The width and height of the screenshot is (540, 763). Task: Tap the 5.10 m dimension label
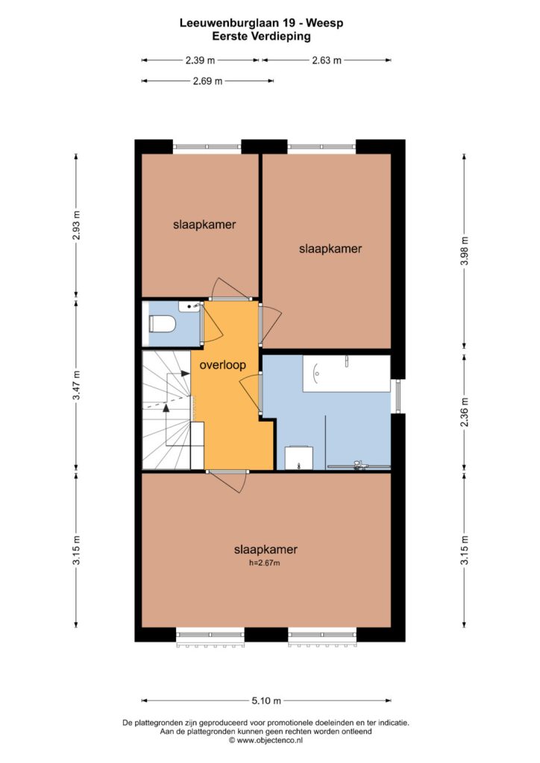click(266, 700)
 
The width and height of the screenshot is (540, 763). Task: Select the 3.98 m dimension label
click(465, 250)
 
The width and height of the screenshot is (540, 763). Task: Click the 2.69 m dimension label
click(207, 80)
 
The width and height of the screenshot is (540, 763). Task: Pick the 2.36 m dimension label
click(465, 412)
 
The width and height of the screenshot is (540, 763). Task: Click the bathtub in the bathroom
click(346, 373)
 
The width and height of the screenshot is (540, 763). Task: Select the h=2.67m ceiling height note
click(264, 563)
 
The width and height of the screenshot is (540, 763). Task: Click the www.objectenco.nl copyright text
click(266, 740)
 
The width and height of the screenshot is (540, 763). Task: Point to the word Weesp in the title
click(327, 23)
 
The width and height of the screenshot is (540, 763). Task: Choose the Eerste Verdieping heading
click(262, 36)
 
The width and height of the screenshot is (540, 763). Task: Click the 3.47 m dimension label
click(77, 385)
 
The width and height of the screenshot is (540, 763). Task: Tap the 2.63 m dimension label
click(327, 60)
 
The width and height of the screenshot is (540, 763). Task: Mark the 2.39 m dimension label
click(200, 60)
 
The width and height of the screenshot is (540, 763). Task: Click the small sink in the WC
click(189, 306)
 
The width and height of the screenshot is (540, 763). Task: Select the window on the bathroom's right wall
click(398, 396)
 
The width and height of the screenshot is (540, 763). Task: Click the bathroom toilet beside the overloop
click(298, 458)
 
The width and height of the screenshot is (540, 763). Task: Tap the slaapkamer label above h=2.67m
click(266, 550)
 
